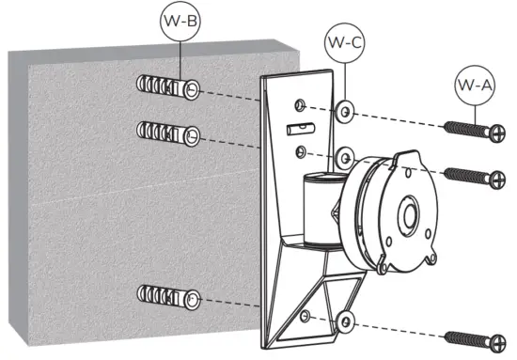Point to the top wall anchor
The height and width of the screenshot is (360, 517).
coord(167,89)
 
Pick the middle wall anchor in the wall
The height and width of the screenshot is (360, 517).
coord(167,133)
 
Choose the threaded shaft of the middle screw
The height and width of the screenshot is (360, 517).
coord(462,174)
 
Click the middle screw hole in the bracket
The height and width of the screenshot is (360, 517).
coord(300,150)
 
